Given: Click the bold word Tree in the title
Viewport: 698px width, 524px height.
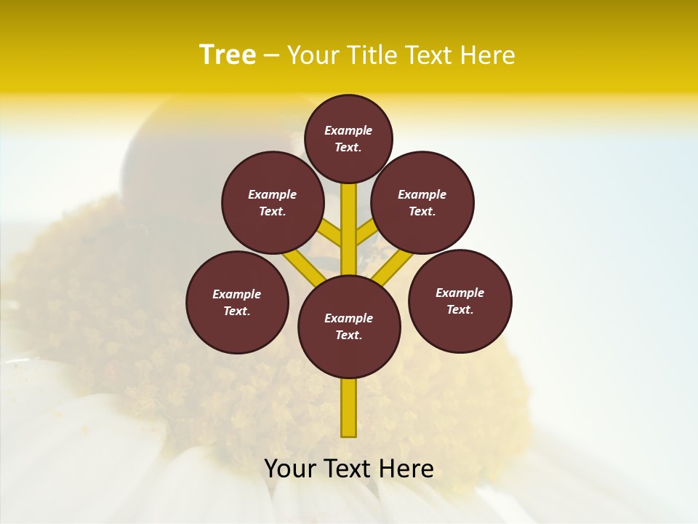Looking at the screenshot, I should point(228,55).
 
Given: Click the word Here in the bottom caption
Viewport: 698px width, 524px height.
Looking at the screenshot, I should point(404,469).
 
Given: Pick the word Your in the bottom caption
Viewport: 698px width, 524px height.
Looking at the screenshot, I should point(291,469).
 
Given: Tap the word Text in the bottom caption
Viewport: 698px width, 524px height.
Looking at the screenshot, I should point(346,469).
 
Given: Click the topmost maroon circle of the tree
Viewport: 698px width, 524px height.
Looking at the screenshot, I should point(348,138).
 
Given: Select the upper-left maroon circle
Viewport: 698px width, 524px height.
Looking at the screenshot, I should point(273,202).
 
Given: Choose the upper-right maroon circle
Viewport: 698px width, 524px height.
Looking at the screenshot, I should point(422,202).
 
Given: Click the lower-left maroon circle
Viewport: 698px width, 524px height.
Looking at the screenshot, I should point(237,302).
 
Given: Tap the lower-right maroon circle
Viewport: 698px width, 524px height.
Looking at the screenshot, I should point(460,301).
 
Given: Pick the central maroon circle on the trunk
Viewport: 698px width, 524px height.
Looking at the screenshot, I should point(349,327).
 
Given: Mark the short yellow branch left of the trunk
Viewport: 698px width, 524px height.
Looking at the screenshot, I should point(329,234).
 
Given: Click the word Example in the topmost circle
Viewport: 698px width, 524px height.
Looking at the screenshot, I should point(348,130).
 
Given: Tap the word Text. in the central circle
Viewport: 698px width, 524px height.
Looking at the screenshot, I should point(348,336).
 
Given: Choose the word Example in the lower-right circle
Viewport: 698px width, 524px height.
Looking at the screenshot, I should point(460,293).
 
